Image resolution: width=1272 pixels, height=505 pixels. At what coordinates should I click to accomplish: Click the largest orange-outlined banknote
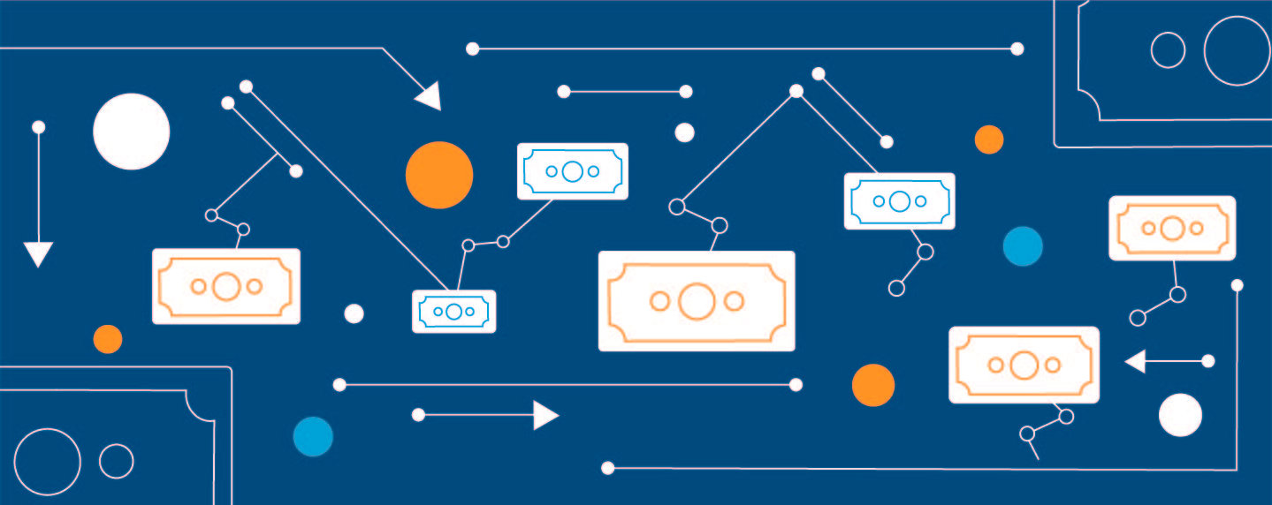coord(697,301)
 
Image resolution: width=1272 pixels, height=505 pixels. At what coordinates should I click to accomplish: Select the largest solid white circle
coord(131,132)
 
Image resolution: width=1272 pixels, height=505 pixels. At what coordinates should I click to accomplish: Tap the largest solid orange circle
coord(439,175)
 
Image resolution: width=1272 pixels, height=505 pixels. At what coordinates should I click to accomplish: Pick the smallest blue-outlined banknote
coord(453,311)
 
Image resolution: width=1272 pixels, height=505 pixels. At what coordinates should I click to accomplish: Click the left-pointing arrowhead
coord(1135,361)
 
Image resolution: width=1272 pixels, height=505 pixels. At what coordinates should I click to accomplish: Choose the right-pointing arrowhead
coord(545,415)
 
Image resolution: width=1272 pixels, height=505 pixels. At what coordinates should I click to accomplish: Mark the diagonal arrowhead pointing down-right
coord(429,96)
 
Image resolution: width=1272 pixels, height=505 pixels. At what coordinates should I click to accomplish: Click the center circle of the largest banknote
coord(697,301)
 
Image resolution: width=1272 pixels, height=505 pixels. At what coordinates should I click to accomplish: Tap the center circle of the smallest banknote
coord(453,311)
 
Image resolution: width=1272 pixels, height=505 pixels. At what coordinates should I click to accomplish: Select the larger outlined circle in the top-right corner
coord(1237,50)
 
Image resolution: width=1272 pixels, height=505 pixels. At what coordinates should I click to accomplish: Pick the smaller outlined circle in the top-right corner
coord(1168,49)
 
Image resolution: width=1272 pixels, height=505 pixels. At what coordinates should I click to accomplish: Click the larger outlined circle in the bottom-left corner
coord(47,461)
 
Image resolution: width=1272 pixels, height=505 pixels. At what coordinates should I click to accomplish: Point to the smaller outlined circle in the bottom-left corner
coord(116,461)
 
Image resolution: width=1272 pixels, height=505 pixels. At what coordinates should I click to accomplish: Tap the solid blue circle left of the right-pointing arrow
coord(313,436)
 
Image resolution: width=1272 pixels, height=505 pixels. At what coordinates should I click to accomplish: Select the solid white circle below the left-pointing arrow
coord(1180,415)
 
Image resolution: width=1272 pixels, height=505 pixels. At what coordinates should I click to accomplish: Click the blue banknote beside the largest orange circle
coord(572,171)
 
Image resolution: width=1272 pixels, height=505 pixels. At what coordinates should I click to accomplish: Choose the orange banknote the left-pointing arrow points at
coord(1024,365)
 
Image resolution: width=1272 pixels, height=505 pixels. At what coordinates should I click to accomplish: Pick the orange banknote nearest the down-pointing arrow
coord(226,286)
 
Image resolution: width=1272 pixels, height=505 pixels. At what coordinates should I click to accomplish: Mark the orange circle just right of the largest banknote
coord(873,385)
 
